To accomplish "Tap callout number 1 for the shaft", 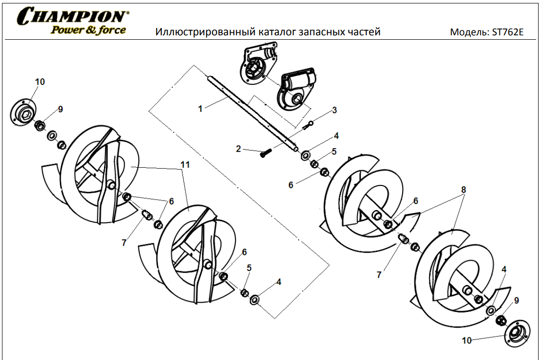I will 200,109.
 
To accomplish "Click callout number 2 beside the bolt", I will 238,149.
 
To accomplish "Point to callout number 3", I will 335,110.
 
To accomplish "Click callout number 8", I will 463,189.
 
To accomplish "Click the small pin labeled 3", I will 309,126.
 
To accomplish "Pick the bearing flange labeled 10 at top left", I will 25,112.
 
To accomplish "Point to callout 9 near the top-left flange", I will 60,109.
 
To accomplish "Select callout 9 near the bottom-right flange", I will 516,300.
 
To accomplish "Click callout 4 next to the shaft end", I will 336,135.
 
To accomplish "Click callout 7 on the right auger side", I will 379,275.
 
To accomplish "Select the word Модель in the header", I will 465,32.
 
